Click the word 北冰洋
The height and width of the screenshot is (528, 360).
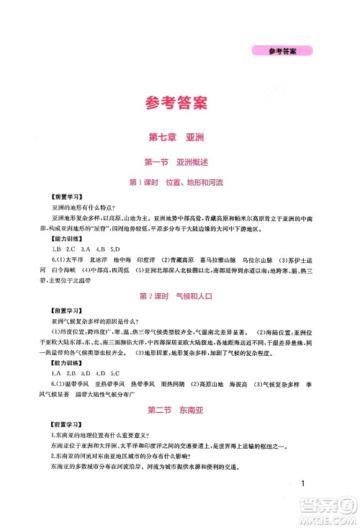click(x=100, y=259)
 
